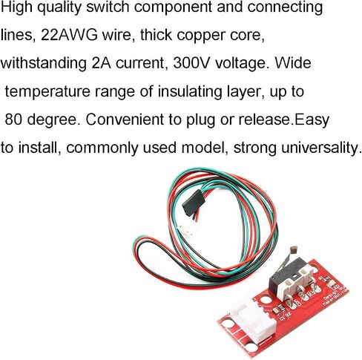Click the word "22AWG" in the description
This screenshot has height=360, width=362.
[70, 35]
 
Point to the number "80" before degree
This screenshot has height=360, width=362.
[14, 120]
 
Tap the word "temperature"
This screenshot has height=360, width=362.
[47, 91]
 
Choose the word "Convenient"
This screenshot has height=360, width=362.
[125, 120]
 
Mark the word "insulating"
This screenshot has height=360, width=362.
[190, 92]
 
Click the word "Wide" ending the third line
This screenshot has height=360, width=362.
[293, 63]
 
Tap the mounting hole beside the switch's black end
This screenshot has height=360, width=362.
[266, 299]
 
